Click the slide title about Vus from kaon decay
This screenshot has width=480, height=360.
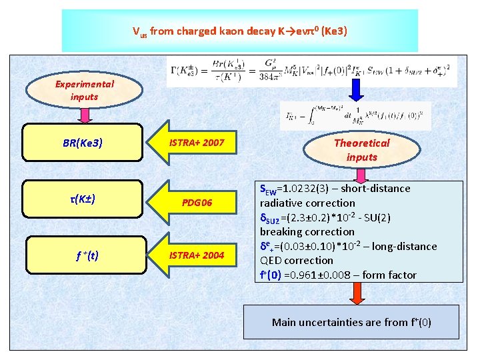click(239, 31)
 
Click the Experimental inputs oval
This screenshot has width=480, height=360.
click(85, 91)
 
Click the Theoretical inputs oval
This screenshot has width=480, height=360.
click(361, 150)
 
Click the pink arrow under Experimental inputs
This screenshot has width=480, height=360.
click(85, 115)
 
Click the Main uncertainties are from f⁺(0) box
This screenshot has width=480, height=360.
click(351, 322)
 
